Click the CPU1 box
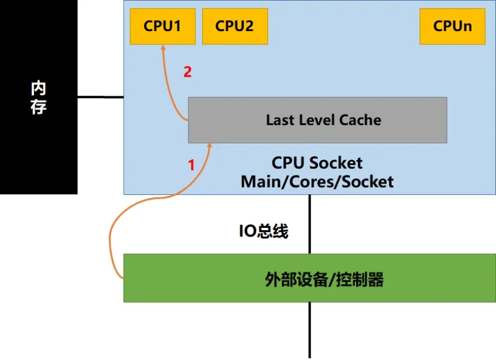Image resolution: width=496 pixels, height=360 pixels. [x=163, y=26]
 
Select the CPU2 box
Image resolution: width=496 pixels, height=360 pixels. [x=234, y=26]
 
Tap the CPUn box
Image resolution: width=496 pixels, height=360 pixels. [x=452, y=26]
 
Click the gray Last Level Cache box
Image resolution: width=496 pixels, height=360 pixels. [x=317, y=120]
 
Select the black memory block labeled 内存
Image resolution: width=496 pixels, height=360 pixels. [x=38, y=97]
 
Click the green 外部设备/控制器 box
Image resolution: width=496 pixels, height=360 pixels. [x=309, y=278]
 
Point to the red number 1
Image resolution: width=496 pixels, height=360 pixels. [x=192, y=165]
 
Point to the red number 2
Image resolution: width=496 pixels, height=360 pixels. [x=188, y=72]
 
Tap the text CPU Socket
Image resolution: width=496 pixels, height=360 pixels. [x=317, y=163]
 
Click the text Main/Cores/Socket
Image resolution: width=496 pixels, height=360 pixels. [x=317, y=181]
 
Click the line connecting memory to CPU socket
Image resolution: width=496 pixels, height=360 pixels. [x=100, y=97]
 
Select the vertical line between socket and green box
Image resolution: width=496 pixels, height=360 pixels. [x=310, y=224]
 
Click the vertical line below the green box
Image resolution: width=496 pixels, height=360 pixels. [x=310, y=329]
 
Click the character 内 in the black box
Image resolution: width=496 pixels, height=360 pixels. [x=38, y=89]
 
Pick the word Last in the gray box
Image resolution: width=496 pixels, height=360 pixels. [x=279, y=120]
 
